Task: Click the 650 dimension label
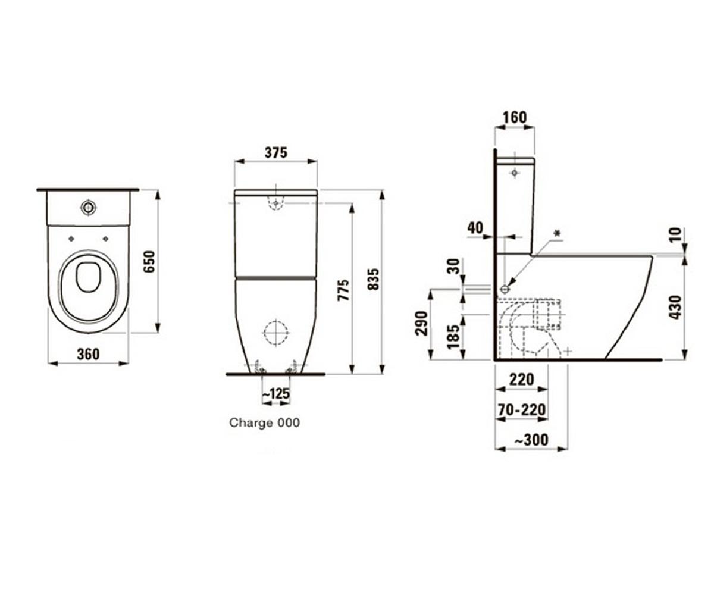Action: point(149,262)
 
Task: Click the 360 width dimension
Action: point(88,354)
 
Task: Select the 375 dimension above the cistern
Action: point(276,153)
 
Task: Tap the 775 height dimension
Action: point(343,290)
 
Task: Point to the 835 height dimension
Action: point(374,280)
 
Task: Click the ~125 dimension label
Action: point(276,393)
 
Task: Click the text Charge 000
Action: point(264,422)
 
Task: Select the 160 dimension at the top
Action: point(515,117)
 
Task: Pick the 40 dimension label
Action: point(475,228)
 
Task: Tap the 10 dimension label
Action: point(676,235)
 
